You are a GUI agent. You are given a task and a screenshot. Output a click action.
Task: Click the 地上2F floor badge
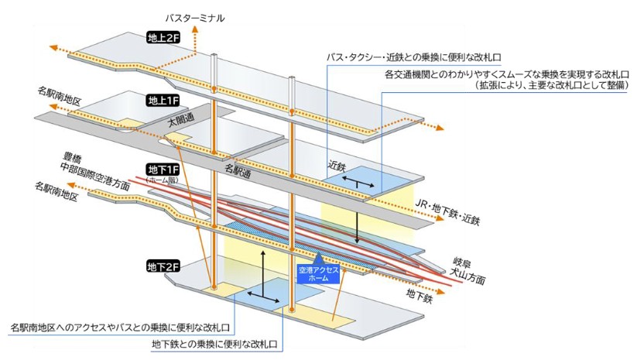tap(163, 37)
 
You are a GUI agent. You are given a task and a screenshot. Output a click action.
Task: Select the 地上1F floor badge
tap(163, 101)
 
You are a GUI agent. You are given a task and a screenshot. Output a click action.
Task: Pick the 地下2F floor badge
tap(163, 267)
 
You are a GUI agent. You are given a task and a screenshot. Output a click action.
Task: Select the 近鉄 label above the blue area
tap(335, 165)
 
